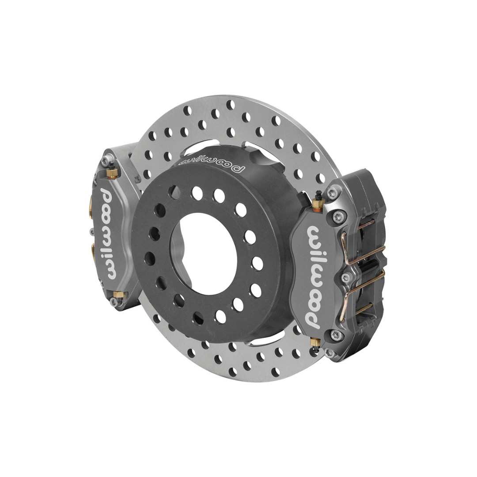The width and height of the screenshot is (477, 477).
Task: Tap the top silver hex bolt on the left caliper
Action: [104, 162]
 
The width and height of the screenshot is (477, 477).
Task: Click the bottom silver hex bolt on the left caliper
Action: [114, 302]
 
